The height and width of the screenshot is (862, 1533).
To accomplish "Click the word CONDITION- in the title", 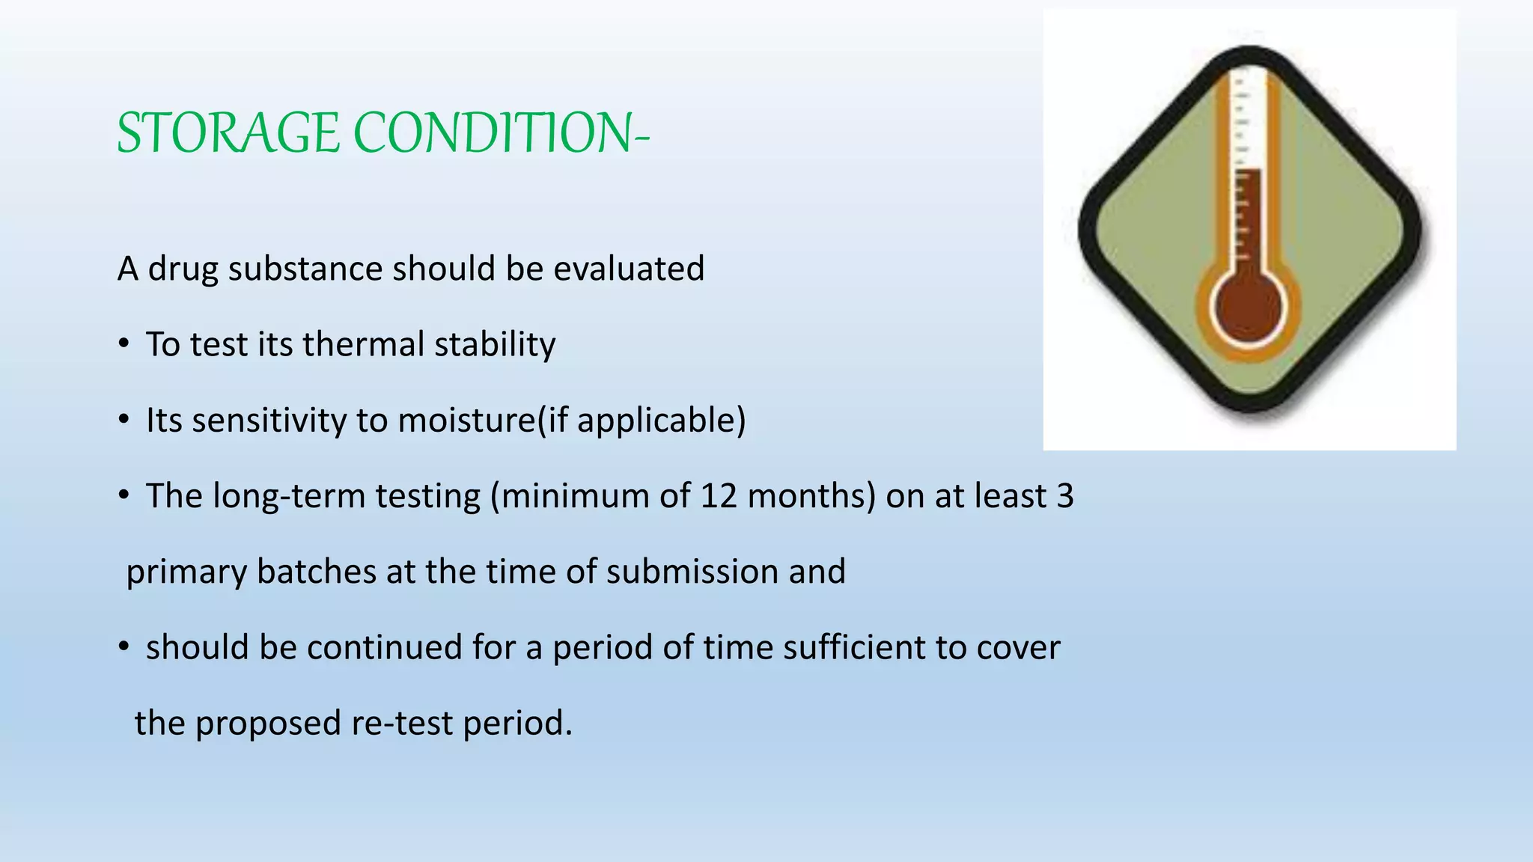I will pyautogui.click(x=501, y=133).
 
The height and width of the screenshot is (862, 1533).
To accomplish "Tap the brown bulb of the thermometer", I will pyautogui.click(x=1249, y=308).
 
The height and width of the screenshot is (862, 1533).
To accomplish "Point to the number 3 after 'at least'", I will pyautogui.click(x=1064, y=496).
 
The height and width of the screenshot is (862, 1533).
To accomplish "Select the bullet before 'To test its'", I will pyautogui.click(x=124, y=345).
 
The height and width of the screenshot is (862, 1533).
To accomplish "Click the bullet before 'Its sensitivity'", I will pyautogui.click(x=124, y=421).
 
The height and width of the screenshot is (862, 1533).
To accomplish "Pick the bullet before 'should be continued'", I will pyautogui.click(x=124, y=647).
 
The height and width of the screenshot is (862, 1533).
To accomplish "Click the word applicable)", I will pyautogui.click(x=661, y=421).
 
